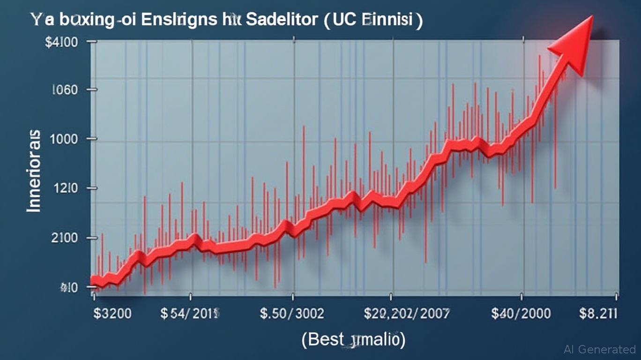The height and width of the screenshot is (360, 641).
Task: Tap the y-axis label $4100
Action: [x=61, y=42]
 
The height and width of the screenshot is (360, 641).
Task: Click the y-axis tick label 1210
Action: [x=65, y=189]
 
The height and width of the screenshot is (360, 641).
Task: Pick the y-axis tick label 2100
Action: [x=64, y=238]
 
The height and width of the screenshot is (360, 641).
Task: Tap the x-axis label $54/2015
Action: [x=190, y=313]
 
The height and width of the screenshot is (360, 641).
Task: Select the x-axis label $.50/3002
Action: [x=292, y=313]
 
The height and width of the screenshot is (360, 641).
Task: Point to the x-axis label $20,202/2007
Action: [x=406, y=313]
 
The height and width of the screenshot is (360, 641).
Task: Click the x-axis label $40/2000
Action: [x=521, y=313]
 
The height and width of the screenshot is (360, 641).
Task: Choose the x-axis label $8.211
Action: [x=598, y=313]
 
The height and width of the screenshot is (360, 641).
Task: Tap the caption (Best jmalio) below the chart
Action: [x=354, y=339]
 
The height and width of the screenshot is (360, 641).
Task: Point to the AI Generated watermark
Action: [x=600, y=349]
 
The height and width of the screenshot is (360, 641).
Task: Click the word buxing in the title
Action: [x=81, y=21]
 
